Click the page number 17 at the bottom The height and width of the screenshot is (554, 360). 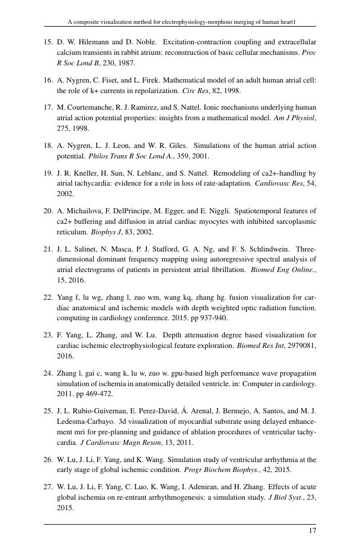tap(312, 531)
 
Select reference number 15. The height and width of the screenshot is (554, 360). tap(48, 42)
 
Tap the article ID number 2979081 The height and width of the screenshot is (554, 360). tap(302, 335)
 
